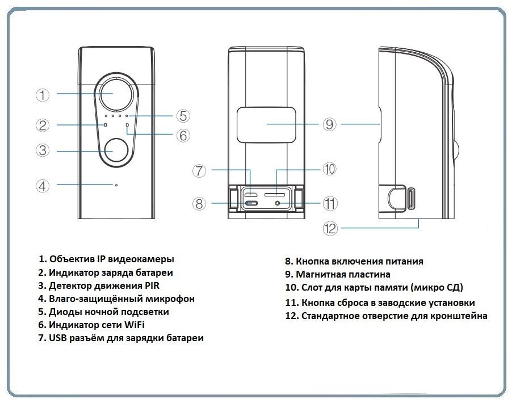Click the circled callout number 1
point(43,95)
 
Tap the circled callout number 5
point(182,116)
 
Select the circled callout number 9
point(330,124)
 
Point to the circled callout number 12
point(330,228)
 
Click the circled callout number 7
point(198,170)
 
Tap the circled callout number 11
point(330,203)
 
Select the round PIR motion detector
point(116,151)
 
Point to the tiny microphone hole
point(116,185)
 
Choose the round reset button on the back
point(278,203)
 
